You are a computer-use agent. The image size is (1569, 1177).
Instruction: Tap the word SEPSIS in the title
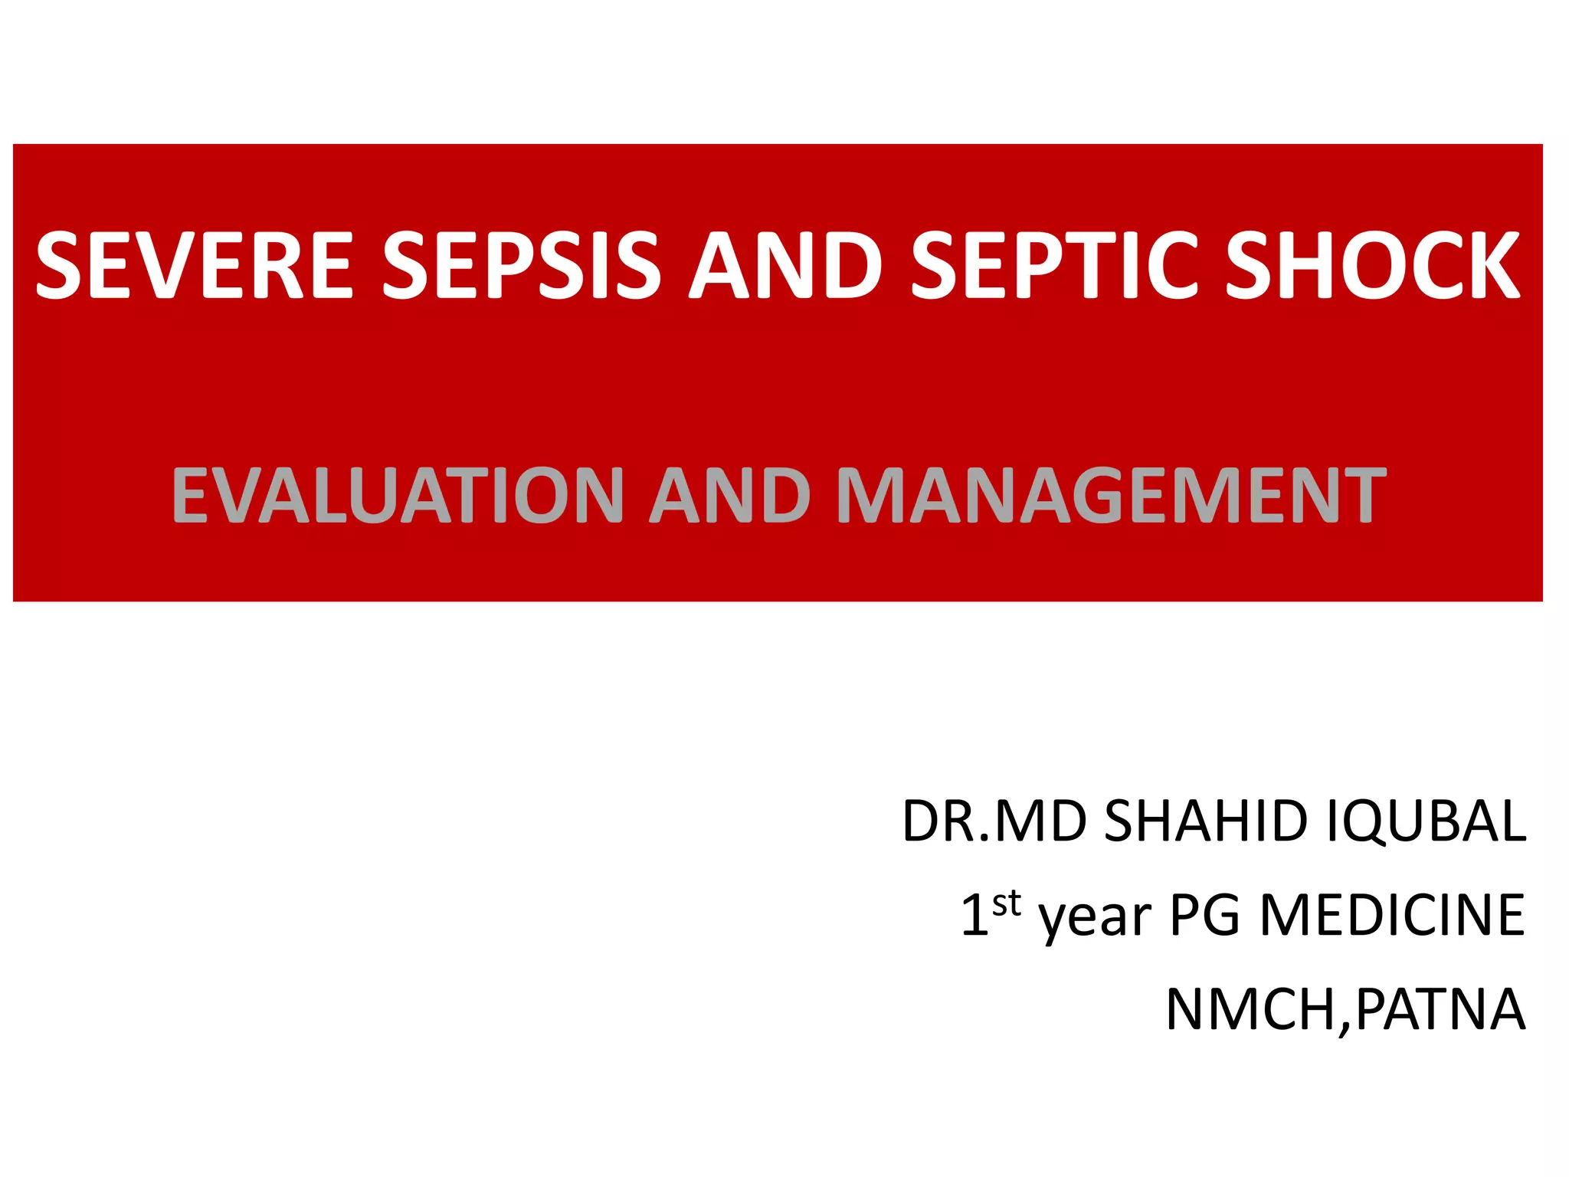click(521, 265)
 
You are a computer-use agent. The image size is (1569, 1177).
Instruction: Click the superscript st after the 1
click(1007, 904)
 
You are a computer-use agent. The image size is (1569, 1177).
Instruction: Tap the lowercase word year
click(1095, 918)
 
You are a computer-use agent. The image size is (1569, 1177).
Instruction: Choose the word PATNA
click(1440, 1010)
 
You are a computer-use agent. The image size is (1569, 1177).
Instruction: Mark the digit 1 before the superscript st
click(974, 915)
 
